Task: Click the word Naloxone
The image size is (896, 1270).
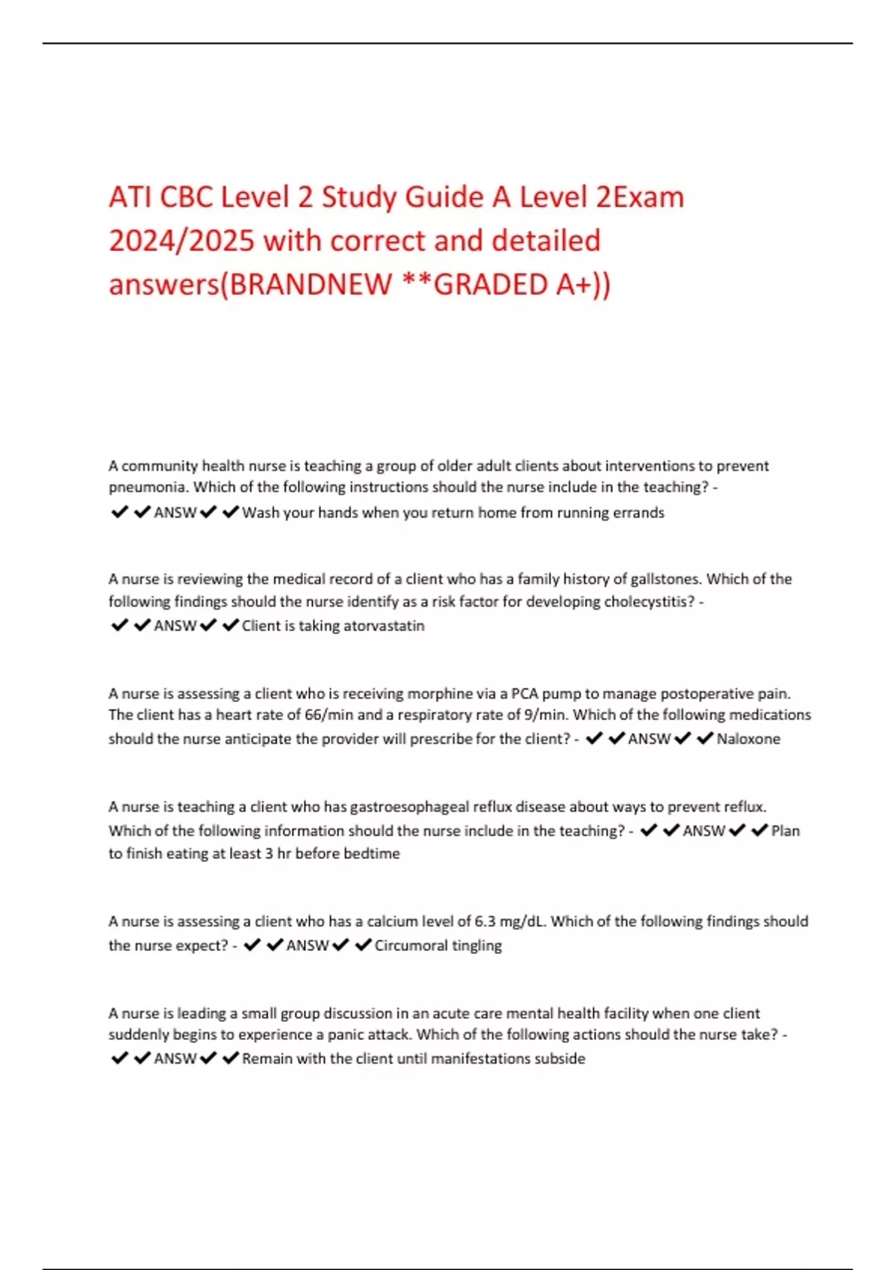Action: (748, 739)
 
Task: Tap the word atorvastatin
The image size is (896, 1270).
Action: (388, 626)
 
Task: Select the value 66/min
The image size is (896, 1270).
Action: (329, 715)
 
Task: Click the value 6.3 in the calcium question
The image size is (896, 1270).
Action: (485, 921)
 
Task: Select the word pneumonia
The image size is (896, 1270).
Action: (148, 487)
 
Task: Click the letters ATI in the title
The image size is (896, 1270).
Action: (130, 197)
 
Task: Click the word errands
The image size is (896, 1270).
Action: (638, 512)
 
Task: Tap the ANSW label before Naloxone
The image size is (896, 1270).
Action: (649, 739)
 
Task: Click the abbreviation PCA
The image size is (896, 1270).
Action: (524, 693)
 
